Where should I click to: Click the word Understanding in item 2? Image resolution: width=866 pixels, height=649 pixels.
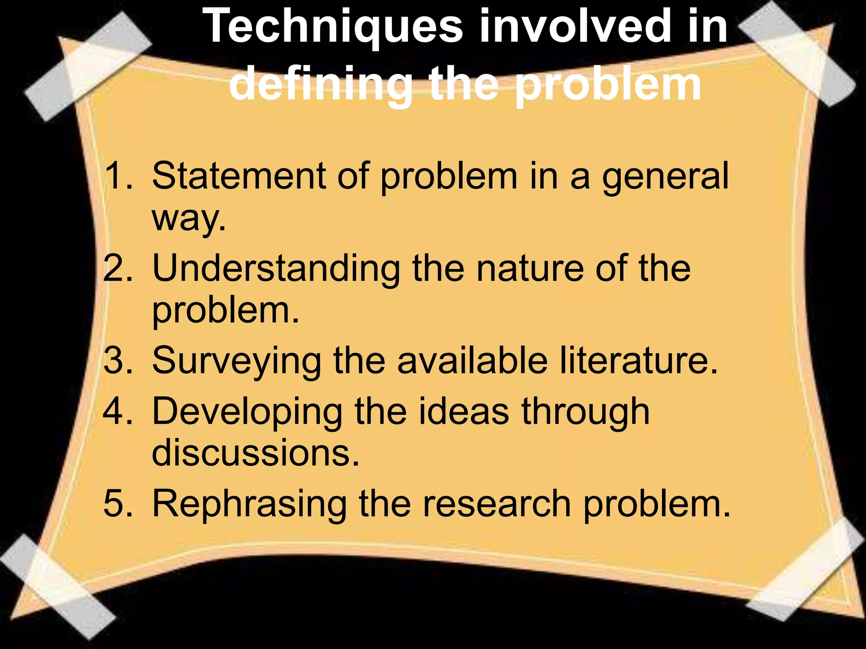tap(276, 269)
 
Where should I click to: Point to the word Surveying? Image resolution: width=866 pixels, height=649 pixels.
tap(237, 362)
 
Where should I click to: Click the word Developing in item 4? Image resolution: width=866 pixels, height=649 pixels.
tap(247, 412)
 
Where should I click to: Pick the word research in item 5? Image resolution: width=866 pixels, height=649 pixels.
tap(497, 503)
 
